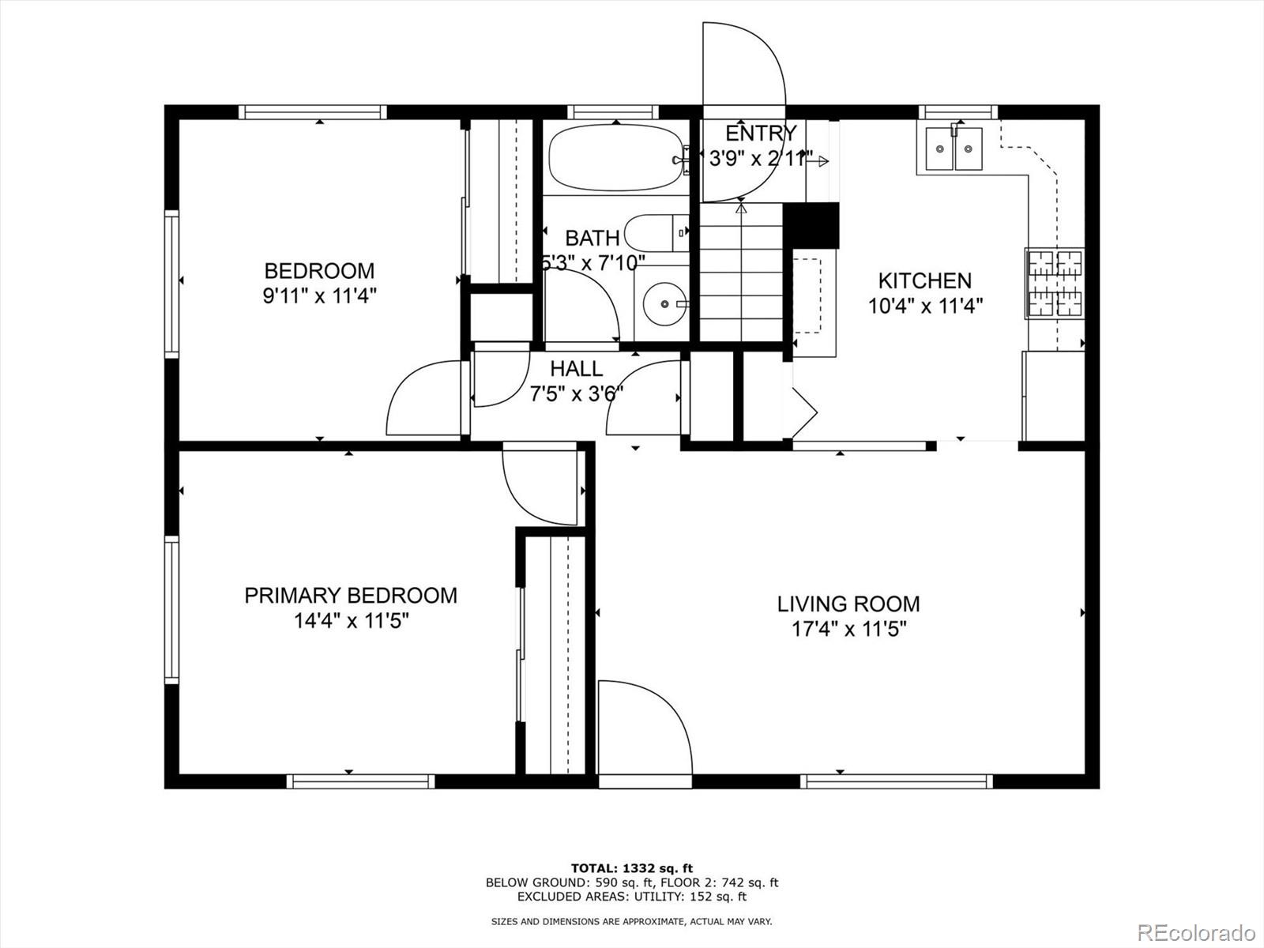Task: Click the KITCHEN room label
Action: click(924, 280)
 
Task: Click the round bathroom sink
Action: click(664, 303)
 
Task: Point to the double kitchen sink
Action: click(954, 149)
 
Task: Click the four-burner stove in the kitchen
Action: click(1055, 283)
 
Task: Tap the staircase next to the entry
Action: click(740, 273)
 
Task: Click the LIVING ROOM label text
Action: click(848, 604)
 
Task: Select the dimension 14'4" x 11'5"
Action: click(351, 621)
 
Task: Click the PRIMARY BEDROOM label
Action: click(351, 595)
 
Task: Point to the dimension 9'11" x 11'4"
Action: click(319, 296)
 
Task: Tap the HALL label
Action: click(576, 368)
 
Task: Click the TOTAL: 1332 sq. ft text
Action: click(632, 868)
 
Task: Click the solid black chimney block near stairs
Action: click(811, 225)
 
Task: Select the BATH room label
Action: click(592, 238)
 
